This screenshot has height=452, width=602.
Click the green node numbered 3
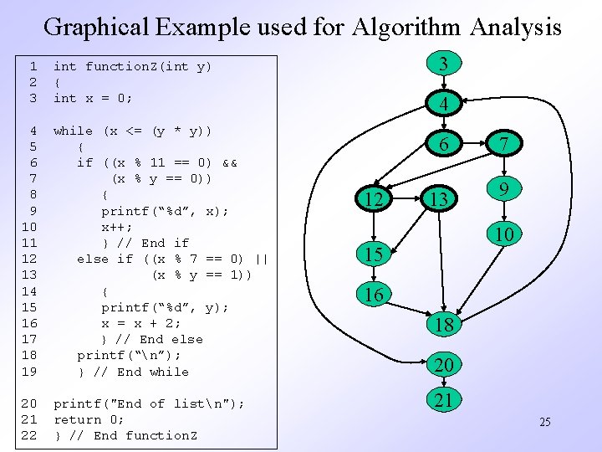[x=444, y=64]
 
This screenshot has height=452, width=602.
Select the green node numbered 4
[x=444, y=105]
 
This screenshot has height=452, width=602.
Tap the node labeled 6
[x=444, y=144]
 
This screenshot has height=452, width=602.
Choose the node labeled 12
[x=374, y=198]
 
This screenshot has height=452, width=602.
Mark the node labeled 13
[x=437, y=198]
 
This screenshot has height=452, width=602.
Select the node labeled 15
[x=374, y=253]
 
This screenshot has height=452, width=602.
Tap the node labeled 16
[x=374, y=294]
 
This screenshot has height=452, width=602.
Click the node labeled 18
[x=444, y=325]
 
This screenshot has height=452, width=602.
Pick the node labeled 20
[x=444, y=365]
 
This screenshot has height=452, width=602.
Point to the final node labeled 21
[x=444, y=400]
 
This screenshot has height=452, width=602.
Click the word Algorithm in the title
[x=406, y=27]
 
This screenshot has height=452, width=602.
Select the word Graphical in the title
[x=97, y=27]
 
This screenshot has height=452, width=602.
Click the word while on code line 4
[x=73, y=131]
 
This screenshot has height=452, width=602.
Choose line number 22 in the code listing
[x=28, y=435]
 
